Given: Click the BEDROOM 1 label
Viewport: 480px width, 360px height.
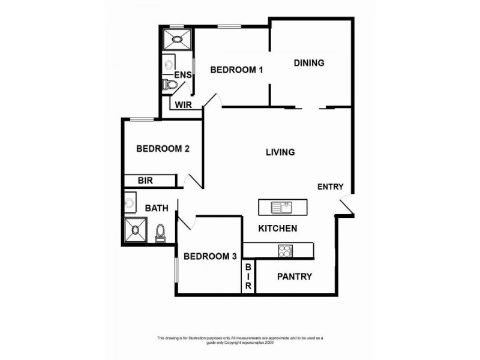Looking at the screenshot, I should coord(236,70).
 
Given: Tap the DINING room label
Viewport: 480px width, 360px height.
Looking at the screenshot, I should coord(309,63).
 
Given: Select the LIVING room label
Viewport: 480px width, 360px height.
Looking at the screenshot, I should coord(280,152).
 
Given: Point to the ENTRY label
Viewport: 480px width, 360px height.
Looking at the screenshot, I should coord(330,187).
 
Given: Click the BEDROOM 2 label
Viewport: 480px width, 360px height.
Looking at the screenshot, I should coord(163,149).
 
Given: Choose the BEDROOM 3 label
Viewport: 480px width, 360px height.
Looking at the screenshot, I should coord(209,257).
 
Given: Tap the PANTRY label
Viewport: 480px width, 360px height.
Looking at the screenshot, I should coord(294,277).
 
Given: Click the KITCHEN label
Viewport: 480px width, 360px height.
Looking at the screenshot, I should coord(277,229).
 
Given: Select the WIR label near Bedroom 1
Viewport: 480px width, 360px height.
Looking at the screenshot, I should coord(183,106).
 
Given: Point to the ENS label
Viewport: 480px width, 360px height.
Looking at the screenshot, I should coord(182,75).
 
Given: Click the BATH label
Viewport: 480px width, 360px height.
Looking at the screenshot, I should coord(157,208).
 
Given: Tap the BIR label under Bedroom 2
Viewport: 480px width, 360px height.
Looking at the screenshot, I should coord(146,180).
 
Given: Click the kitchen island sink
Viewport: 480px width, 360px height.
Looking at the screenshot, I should coord(281,208).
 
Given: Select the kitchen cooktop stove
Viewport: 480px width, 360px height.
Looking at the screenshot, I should coord(284,251).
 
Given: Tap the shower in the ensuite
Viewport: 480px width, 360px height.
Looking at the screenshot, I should coord(176,40).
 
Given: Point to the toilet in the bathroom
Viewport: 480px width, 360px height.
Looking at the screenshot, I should coord(160,232).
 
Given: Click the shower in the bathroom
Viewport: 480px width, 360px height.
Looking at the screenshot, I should coord(135,230).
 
